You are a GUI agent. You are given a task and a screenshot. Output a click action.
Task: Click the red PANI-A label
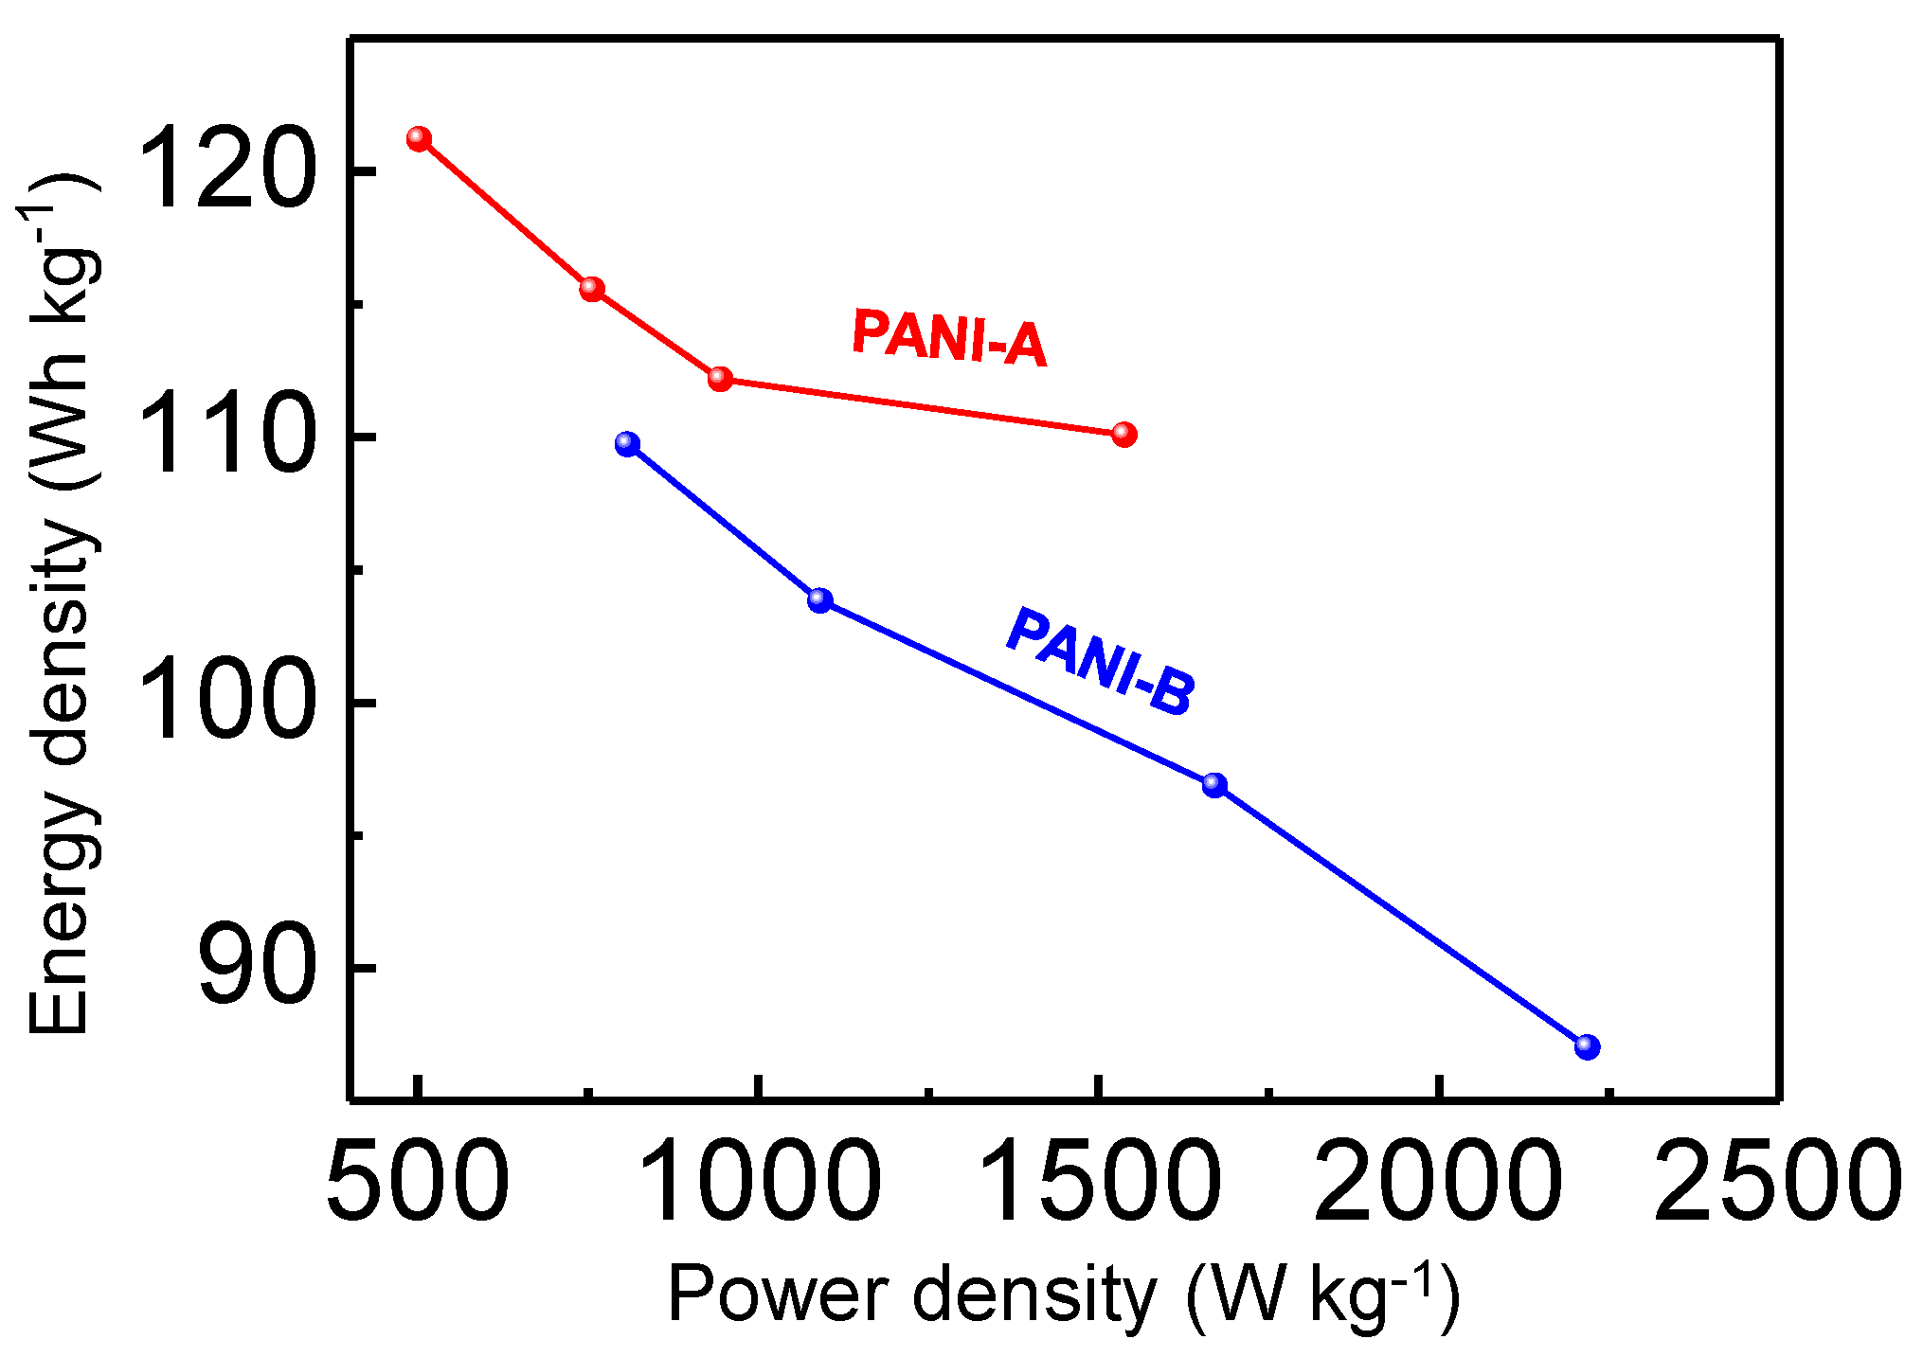[x=949, y=338]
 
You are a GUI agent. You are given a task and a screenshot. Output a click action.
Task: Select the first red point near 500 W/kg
[x=419, y=139]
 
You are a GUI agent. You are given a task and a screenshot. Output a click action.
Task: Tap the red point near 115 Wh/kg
[x=592, y=289]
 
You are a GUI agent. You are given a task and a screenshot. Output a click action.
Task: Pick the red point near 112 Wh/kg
[x=720, y=379]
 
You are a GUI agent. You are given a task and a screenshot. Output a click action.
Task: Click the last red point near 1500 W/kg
[x=1123, y=435]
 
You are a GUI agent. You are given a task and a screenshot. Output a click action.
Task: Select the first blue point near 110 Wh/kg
[x=627, y=444]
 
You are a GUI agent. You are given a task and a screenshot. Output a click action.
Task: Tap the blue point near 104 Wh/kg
[x=820, y=600]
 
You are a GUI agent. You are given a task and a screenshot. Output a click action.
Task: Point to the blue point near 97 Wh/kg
[x=1214, y=785]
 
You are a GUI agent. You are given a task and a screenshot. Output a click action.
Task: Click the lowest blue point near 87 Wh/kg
[x=1587, y=1047]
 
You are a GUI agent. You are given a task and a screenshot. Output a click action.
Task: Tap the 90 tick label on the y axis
[x=256, y=968]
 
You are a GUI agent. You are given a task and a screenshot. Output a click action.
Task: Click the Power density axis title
[x=1063, y=1295]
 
